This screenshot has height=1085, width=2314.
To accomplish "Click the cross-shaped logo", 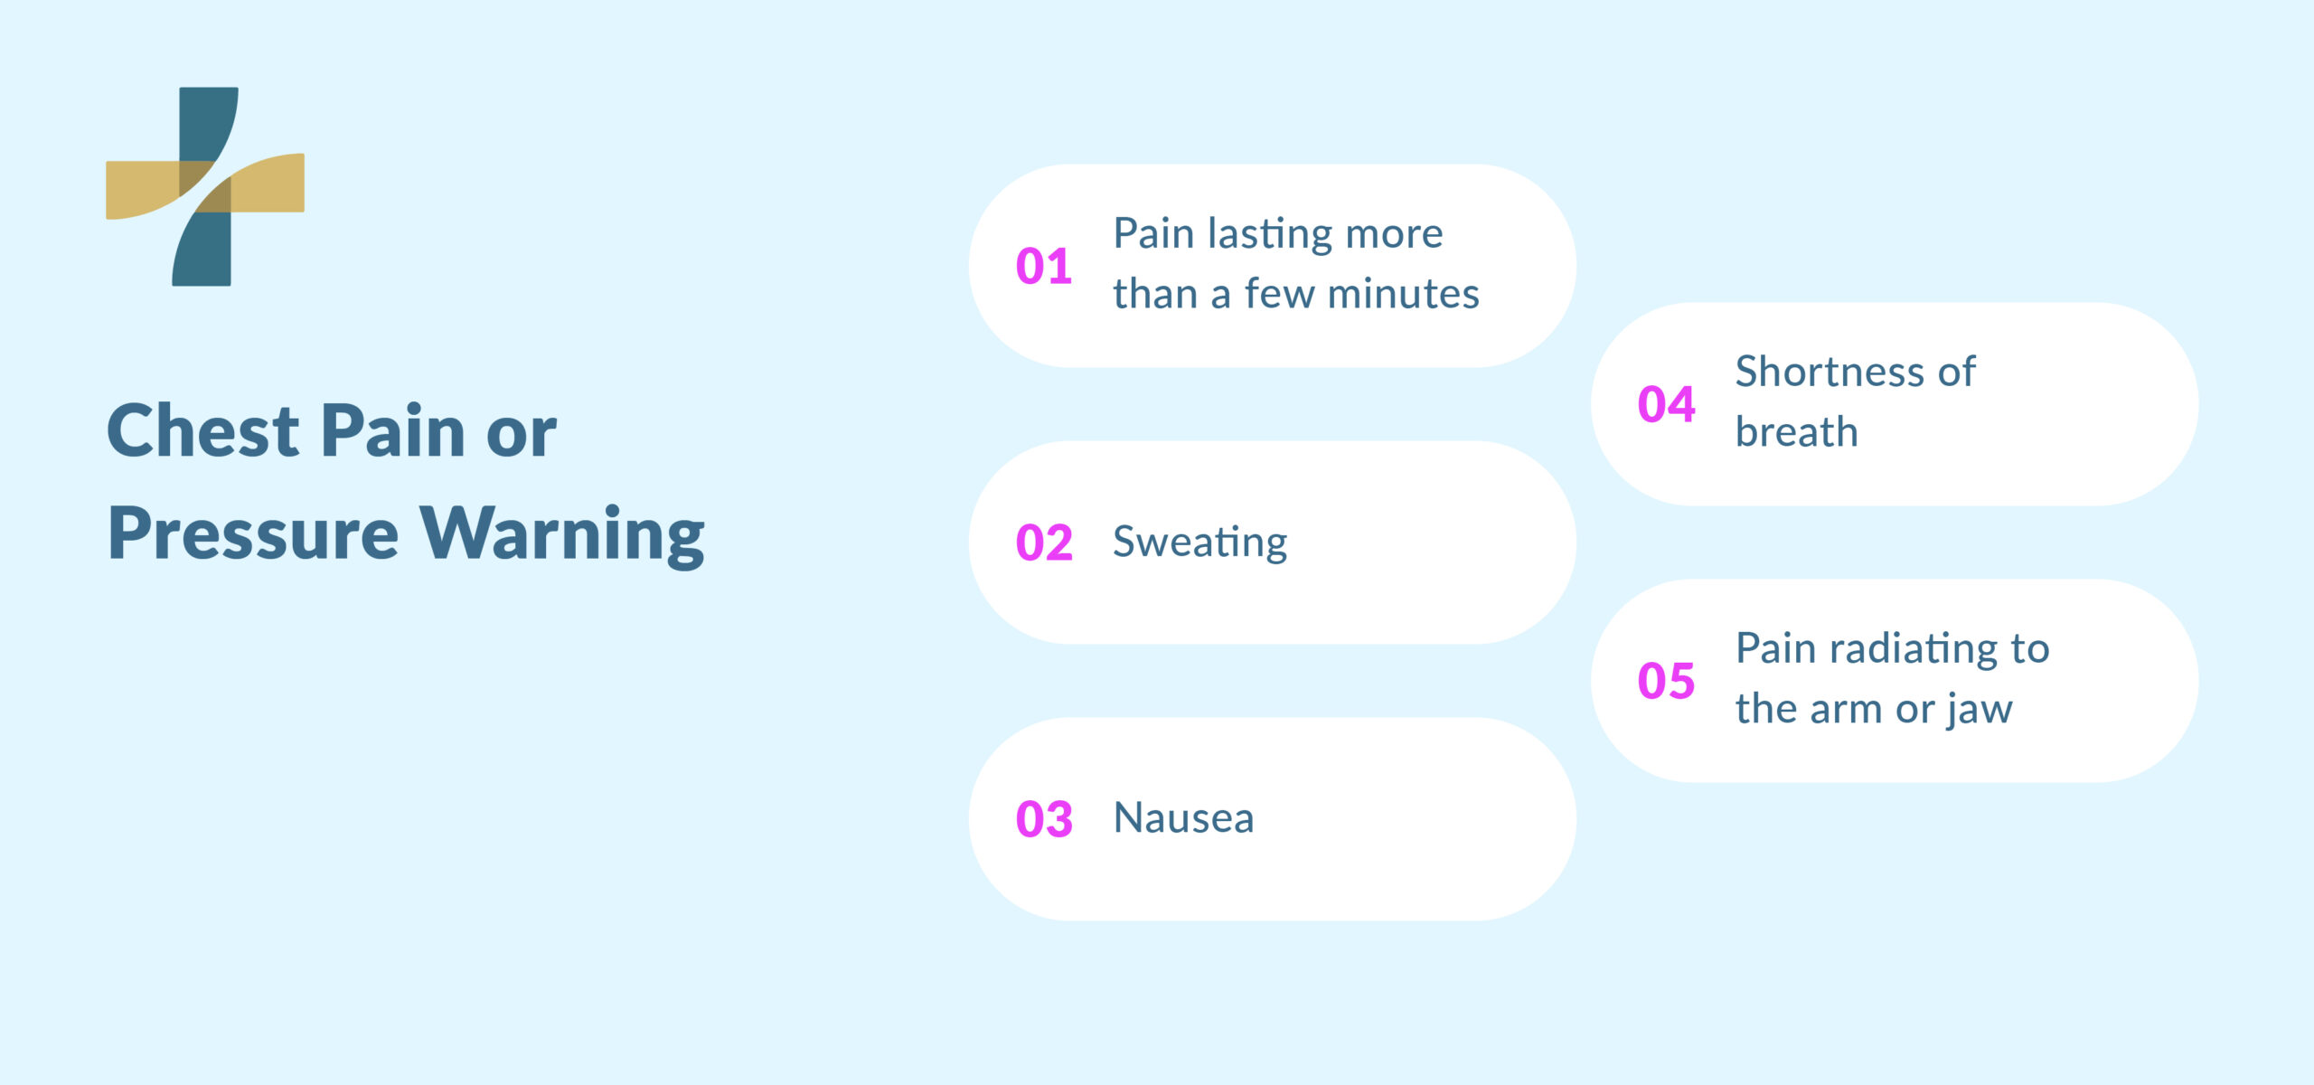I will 205,186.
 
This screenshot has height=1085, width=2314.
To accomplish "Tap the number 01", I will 1044,267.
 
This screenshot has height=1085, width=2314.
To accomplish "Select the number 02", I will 1044,543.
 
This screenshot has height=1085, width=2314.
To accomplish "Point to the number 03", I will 1044,820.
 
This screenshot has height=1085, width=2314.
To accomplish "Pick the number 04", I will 1666,405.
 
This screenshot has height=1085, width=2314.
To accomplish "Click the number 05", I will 1666,682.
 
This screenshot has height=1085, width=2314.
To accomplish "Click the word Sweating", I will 1199,542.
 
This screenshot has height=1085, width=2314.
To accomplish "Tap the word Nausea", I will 1183,818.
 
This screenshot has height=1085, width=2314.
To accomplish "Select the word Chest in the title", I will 202,430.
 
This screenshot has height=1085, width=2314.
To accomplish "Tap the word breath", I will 1796,432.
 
